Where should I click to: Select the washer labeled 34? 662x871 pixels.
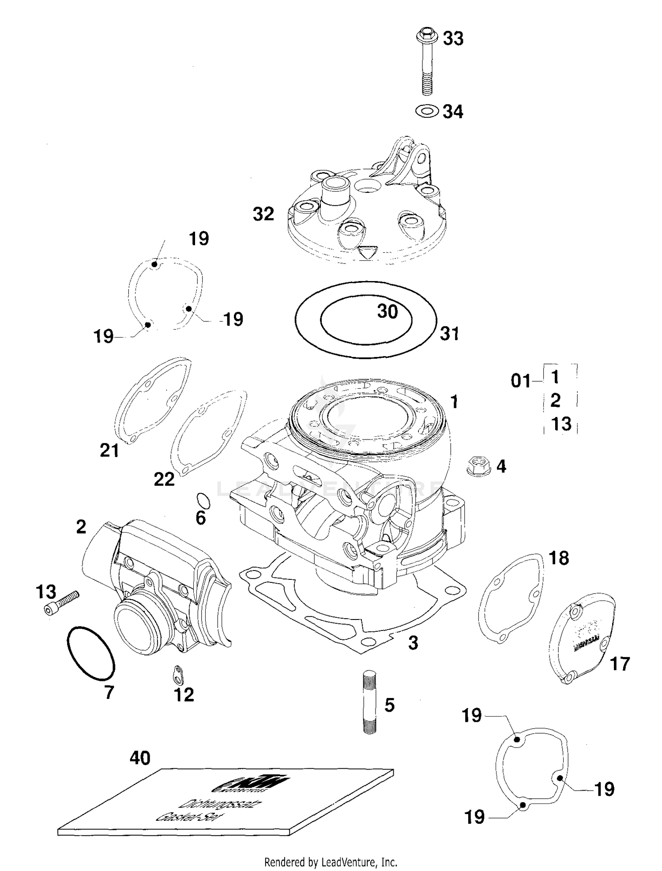click(x=426, y=111)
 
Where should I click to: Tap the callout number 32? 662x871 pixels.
click(x=263, y=214)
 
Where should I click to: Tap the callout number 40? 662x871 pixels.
click(x=140, y=758)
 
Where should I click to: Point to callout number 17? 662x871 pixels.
click(x=619, y=664)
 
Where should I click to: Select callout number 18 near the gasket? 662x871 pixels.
click(x=559, y=558)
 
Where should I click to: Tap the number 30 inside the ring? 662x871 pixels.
click(x=387, y=312)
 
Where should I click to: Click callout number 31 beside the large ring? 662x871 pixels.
click(x=449, y=334)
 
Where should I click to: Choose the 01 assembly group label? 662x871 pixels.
click(x=521, y=380)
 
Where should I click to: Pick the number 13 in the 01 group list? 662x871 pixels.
click(x=561, y=424)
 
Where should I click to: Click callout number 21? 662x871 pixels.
click(x=109, y=451)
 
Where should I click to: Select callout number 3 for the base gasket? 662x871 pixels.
click(x=413, y=643)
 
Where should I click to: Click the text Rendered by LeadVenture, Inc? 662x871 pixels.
click(x=331, y=861)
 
